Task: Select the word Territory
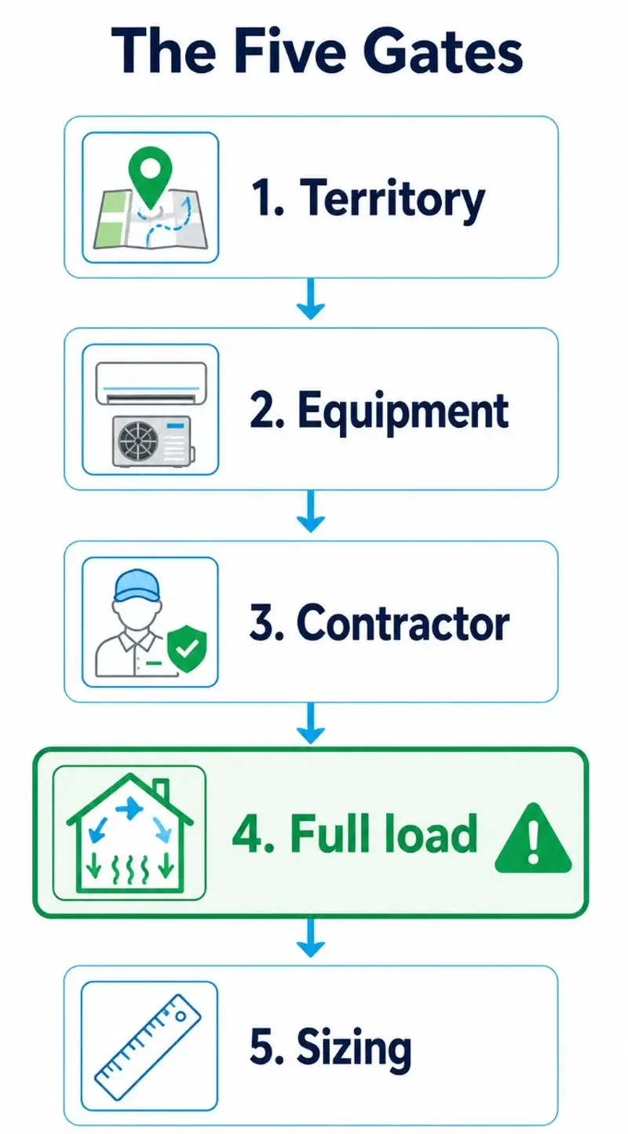[x=392, y=200]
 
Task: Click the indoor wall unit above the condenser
[x=151, y=383]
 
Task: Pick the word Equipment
[x=403, y=413]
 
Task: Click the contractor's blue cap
[x=137, y=585]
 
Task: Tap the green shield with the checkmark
[x=187, y=648]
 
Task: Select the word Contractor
[x=403, y=623]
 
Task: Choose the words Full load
[x=383, y=833]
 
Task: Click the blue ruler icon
[x=148, y=1047]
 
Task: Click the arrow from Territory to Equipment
[x=310, y=299]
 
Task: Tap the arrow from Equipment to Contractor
[x=310, y=512]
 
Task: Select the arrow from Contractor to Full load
[x=310, y=724]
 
